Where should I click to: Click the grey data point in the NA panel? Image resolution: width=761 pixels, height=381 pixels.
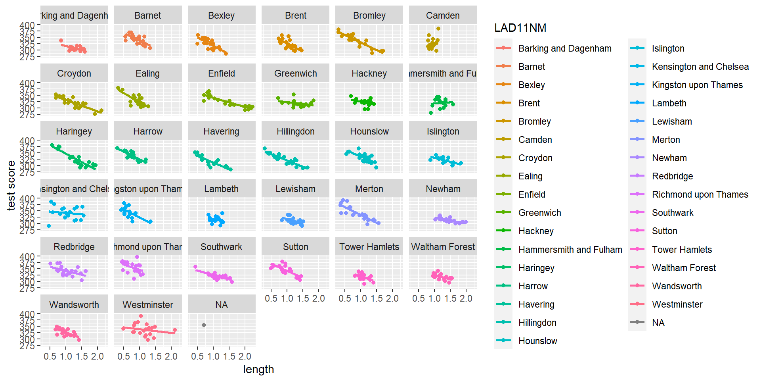click(204, 325)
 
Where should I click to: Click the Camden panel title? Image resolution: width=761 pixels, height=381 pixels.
click(443, 15)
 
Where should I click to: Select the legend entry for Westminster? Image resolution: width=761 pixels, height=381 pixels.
click(677, 304)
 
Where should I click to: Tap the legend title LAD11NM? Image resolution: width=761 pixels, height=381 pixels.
click(520, 28)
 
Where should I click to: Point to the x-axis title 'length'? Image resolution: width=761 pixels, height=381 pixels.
click(258, 369)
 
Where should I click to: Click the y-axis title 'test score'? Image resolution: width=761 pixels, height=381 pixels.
click(11, 185)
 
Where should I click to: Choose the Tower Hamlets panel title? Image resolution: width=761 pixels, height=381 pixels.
click(369, 247)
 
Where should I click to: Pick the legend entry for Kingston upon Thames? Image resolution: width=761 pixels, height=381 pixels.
click(697, 85)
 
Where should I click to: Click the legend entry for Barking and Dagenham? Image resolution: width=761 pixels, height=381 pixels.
click(564, 48)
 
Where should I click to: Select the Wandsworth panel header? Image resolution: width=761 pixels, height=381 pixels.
click(74, 305)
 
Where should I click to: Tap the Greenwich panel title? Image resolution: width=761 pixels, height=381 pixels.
click(295, 73)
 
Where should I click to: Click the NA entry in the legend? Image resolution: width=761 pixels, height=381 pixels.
click(658, 323)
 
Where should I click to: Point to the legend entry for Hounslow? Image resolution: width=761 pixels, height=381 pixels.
click(537, 341)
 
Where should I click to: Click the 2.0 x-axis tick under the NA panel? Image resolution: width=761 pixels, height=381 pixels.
click(245, 356)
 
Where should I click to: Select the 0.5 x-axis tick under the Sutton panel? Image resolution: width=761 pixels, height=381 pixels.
click(271, 298)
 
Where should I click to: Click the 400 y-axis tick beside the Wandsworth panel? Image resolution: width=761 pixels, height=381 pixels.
click(27, 314)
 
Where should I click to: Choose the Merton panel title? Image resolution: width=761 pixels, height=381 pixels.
click(369, 189)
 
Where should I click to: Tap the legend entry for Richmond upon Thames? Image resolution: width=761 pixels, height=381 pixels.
click(700, 194)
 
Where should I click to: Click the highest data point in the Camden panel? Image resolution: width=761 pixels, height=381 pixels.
click(438, 29)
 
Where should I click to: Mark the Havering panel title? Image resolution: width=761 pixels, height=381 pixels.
click(221, 131)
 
